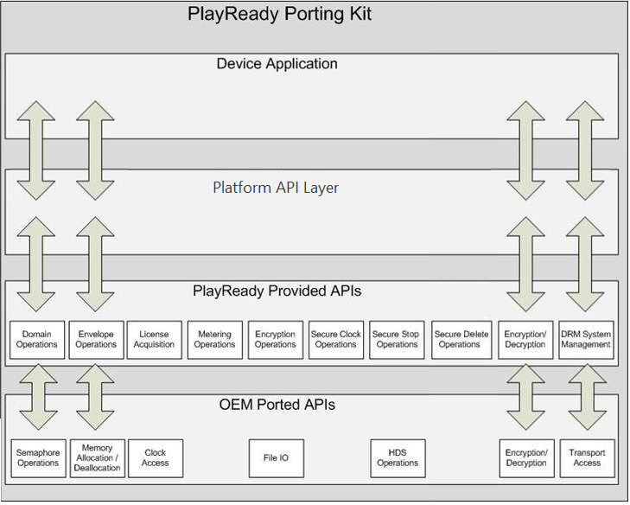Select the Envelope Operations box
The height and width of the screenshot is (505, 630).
[96, 339]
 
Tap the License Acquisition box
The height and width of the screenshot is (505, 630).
[154, 339]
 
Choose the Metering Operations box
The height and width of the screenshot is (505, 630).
[214, 339]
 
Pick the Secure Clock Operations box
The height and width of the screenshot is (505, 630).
[336, 339]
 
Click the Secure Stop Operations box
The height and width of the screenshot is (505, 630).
[397, 339]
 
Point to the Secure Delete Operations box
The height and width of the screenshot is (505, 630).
[459, 339]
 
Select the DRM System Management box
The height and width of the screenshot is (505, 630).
[586, 339]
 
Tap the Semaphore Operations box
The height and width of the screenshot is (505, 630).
[38, 457]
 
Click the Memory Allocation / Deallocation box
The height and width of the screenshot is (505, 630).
[97, 457]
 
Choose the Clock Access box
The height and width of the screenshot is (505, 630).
[155, 457]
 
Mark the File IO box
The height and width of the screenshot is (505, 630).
[276, 457]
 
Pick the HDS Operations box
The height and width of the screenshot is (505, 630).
[398, 457]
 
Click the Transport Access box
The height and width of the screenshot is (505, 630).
[586, 457]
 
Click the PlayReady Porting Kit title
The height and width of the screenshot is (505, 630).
[280, 15]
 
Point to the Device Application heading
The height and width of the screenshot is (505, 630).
[277, 64]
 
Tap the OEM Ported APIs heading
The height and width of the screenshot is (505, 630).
[277, 404]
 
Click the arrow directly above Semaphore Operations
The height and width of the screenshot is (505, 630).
[38, 396]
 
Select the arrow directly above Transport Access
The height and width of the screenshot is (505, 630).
[586, 396]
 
